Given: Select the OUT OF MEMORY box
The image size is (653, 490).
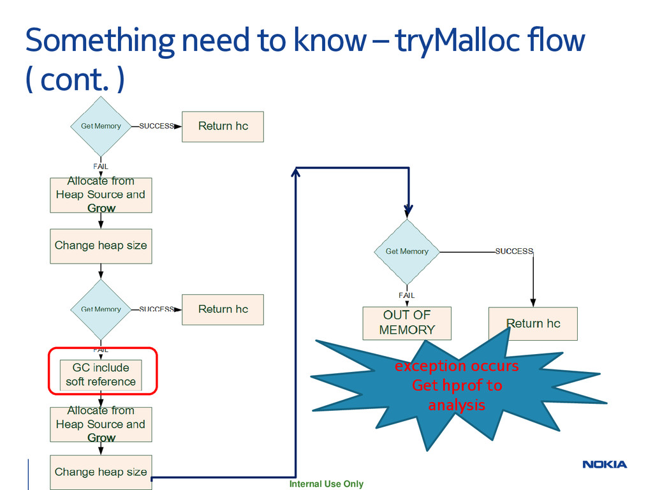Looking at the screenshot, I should coord(407,323).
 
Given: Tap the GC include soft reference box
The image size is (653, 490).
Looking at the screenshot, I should coord(101,375).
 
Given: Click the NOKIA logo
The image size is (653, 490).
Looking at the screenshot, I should coord(605,464).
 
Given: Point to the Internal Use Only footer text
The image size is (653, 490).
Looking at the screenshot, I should coord(326,484).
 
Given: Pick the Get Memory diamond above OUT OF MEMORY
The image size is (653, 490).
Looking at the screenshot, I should coord(407,251).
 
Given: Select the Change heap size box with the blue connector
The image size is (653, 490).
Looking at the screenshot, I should coord(101,472).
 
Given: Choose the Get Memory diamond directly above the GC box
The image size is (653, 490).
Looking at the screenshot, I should coord(101,309).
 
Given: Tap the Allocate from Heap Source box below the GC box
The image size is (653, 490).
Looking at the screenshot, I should coord(101,424).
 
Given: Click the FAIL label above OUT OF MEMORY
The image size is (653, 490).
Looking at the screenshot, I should coord(407,295).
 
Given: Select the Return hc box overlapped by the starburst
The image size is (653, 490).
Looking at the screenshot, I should coord(533,323).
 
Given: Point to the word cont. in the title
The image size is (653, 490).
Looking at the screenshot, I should coord(71,81).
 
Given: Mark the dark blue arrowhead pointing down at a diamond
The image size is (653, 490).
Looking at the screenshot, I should coord(408,211).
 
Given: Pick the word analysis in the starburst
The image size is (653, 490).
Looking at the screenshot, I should coord(457,405).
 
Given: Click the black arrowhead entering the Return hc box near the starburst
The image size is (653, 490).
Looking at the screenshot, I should coord(533,302).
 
